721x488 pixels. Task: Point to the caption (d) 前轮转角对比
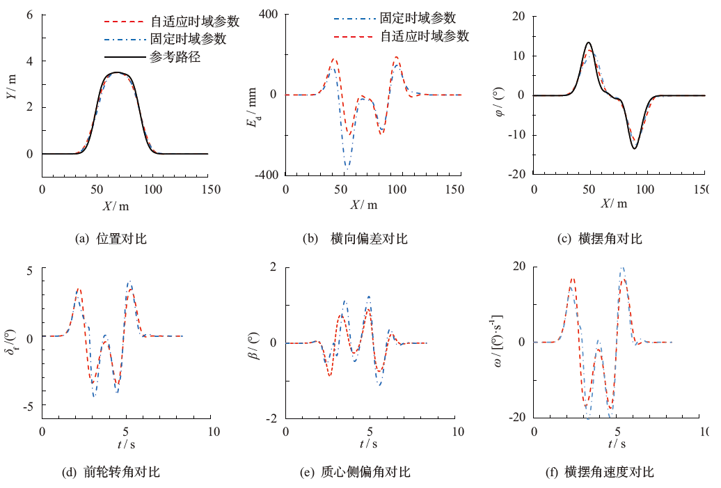click(111, 472)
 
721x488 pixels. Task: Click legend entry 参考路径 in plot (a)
click(175, 57)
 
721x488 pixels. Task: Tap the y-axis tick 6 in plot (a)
click(30, 14)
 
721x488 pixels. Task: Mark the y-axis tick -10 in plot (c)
click(516, 135)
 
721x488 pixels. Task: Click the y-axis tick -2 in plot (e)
click(271, 418)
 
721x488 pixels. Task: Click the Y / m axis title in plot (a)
click(11, 95)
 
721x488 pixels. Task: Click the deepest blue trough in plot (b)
click(347, 168)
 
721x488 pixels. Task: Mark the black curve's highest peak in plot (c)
click(589, 42)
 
